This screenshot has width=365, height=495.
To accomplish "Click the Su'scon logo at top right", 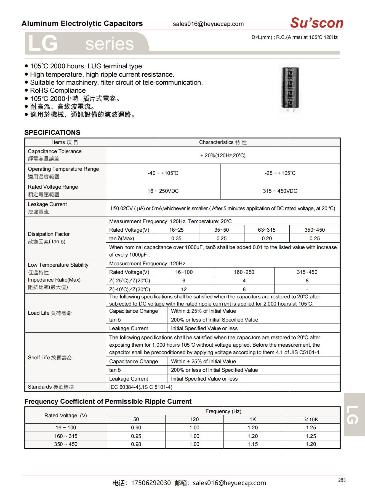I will [316, 23].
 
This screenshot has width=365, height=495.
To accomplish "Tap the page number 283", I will [342, 480].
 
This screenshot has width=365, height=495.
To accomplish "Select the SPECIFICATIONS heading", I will [52, 133].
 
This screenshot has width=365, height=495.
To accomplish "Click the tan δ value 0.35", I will [176, 239].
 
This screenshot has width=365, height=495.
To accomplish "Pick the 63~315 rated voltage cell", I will [267, 230].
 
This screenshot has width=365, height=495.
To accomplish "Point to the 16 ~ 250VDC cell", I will [163, 191].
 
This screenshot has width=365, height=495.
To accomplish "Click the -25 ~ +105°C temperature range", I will [280, 173].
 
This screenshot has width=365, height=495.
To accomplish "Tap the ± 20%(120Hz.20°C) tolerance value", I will [223, 156].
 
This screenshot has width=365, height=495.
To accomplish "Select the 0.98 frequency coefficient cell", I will [136, 444].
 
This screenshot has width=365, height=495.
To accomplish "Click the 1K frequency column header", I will [252, 419].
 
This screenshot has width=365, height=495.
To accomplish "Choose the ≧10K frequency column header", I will [311, 419].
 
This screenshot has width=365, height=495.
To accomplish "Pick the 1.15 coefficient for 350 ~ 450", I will [252, 444].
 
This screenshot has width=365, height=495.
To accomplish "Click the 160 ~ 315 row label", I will [66, 436].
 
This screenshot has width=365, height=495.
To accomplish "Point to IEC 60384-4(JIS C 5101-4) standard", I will [141, 387].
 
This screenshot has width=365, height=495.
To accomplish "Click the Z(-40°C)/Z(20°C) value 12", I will [184, 290].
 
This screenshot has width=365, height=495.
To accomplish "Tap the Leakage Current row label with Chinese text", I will [47, 208].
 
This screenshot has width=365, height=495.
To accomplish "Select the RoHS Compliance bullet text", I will [58, 90].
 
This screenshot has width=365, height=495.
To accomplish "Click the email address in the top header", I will [208, 24].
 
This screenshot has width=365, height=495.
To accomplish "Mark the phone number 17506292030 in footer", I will [151, 483].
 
